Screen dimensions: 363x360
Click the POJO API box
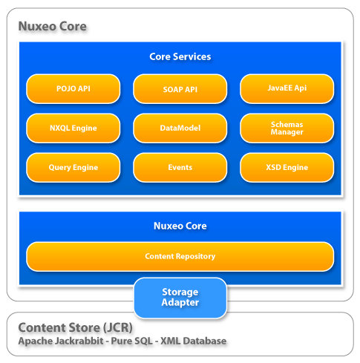tap(73, 88)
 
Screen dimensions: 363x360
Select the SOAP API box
tap(180, 88)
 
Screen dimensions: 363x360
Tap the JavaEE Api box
tap(287, 88)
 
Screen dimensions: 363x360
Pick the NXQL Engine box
tap(73, 128)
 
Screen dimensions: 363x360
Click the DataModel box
tap(180, 128)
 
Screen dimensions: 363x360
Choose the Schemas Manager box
tap(287, 128)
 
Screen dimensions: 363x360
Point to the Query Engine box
tap(73, 168)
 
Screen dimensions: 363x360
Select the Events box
tap(180, 168)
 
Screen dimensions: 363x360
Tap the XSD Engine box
tap(287, 168)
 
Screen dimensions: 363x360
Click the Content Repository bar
tap(180, 256)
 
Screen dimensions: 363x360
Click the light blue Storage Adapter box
tap(180, 297)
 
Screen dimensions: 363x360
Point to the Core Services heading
tap(180, 56)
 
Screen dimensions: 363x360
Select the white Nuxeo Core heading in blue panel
tap(180, 226)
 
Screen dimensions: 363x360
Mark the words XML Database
tap(193, 341)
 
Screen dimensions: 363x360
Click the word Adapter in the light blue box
tap(180, 303)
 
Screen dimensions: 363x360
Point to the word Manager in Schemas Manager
tap(287, 132)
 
